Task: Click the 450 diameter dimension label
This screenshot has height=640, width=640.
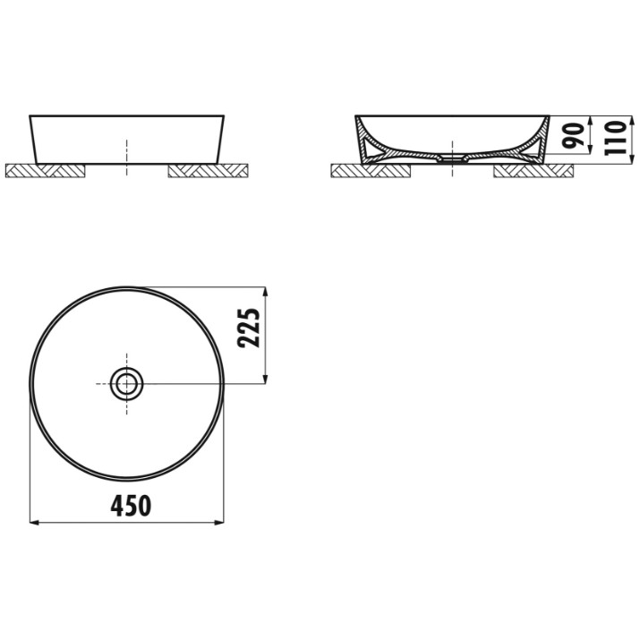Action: coord(131,505)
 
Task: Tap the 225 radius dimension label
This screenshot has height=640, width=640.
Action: coord(249,328)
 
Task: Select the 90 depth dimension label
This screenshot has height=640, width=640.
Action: coord(574,135)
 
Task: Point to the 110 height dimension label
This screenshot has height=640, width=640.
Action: coord(616,138)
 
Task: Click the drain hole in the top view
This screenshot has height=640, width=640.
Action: coord(126,384)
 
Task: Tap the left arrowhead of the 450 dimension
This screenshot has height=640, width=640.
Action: coord(34,522)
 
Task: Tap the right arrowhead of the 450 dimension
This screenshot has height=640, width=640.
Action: coord(219,522)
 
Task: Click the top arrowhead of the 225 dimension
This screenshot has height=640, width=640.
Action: coord(266,292)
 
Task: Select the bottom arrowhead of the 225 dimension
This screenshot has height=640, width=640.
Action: coord(266,379)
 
